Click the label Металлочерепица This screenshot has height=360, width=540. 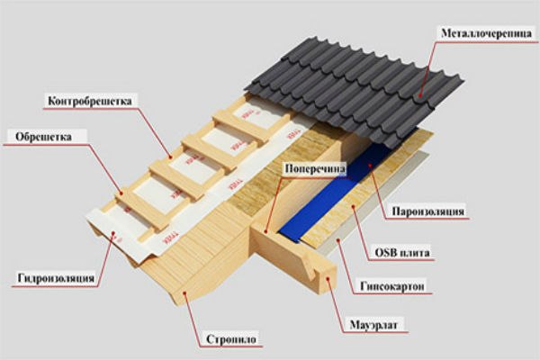click(486, 33)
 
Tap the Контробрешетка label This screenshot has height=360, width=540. click(90, 101)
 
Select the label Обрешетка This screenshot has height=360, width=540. click(44, 137)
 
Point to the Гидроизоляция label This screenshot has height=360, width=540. click(56, 278)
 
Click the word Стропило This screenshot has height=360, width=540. click(231, 339)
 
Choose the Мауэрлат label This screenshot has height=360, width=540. click(373, 325)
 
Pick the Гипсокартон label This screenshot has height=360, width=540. click(392, 286)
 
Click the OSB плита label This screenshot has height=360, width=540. click(402, 253)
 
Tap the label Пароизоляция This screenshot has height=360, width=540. click(428, 211)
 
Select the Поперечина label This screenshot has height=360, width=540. click(315, 169)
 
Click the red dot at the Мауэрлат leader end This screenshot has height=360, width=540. click(328, 277)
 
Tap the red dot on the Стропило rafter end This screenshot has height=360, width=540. click(184, 293)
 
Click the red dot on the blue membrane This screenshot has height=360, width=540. click(369, 165)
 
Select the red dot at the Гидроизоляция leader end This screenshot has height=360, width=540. click(113, 234)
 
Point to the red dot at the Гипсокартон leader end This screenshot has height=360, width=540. click(337, 239)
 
